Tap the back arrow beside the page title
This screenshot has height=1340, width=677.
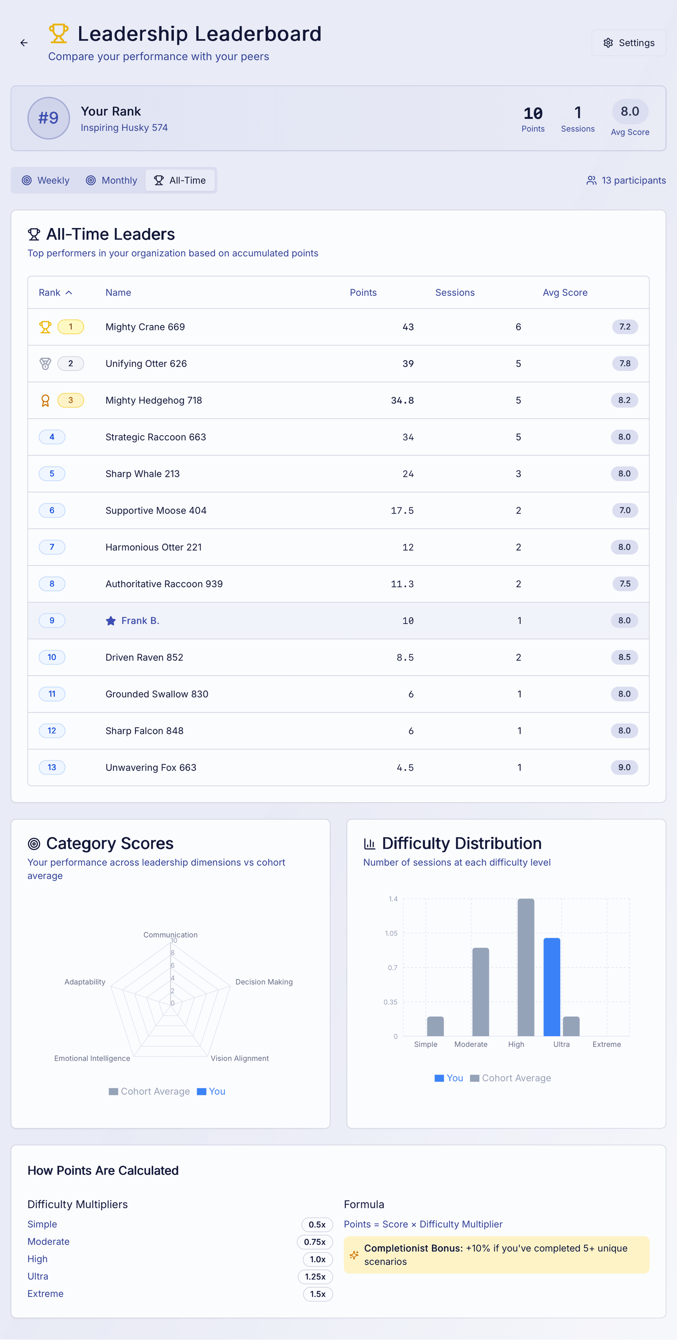click(x=24, y=43)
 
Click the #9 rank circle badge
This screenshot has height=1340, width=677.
click(x=48, y=118)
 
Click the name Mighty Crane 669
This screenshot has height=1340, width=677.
click(x=145, y=327)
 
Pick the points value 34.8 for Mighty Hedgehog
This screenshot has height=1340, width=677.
click(x=402, y=400)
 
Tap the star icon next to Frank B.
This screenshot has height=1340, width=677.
click(x=110, y=621)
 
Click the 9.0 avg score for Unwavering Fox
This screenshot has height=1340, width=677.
click(x=624, y=767)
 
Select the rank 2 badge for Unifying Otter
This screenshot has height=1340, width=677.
click(x=70, y=363)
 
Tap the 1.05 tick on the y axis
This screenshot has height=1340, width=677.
click(x=391, y=933)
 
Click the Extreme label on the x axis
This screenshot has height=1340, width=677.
click(x=606, y=1044)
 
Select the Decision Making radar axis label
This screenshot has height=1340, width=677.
click(x=264, y=982)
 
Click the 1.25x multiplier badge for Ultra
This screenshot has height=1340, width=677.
click(x=315, y=1276)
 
